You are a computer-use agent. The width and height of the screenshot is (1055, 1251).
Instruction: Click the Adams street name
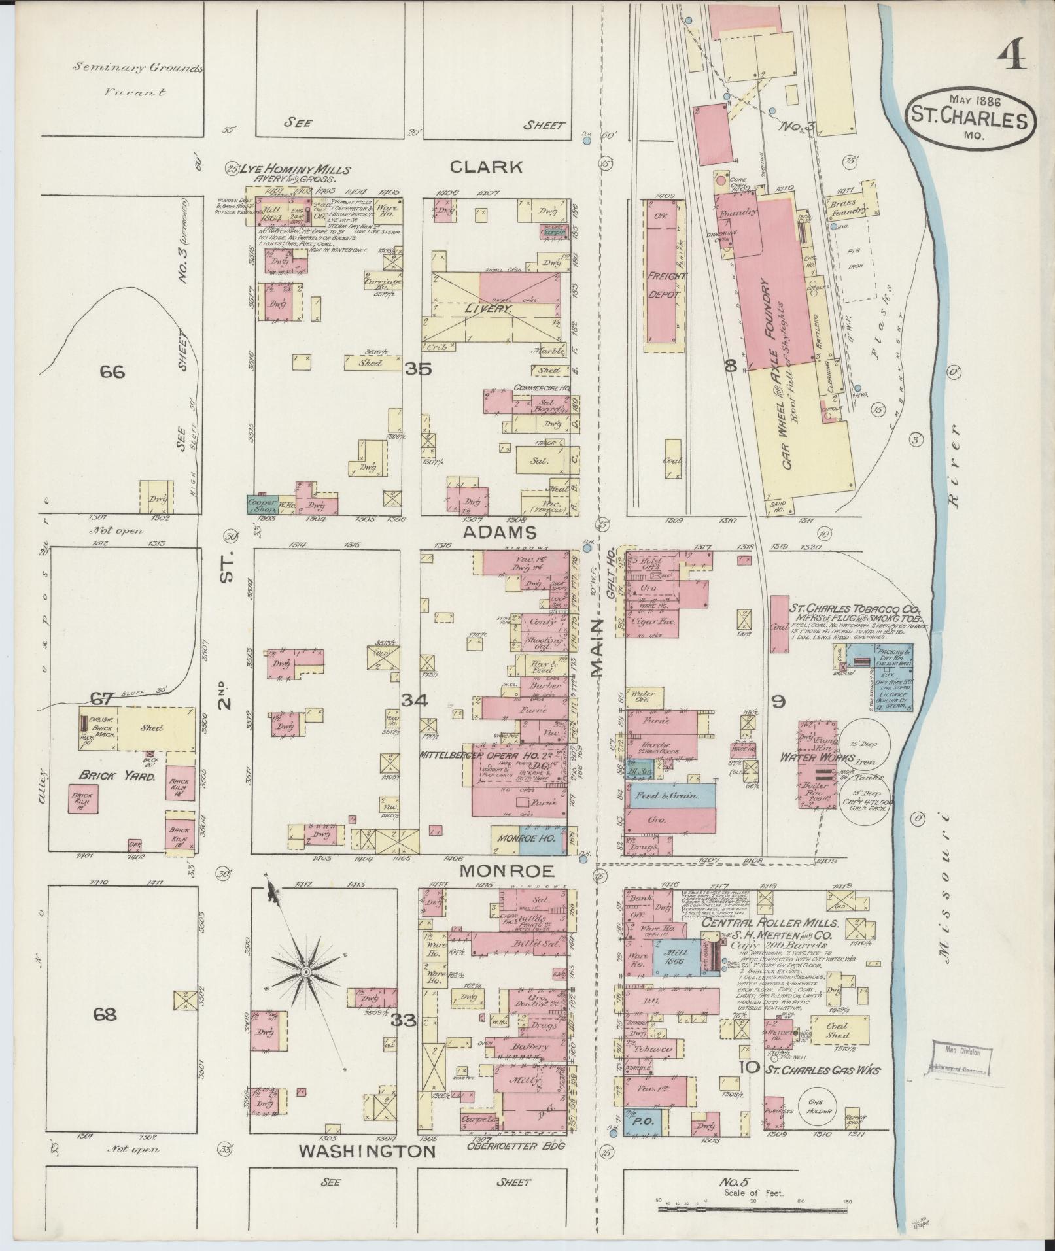[499, 532]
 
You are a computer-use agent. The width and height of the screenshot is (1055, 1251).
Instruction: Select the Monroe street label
[506, 871]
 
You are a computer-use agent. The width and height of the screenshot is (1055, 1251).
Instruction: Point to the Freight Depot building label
[666, 286]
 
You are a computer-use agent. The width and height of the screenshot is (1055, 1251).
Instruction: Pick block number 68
[105, 1015]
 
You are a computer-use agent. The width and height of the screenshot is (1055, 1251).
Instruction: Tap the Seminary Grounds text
[138, 67]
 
